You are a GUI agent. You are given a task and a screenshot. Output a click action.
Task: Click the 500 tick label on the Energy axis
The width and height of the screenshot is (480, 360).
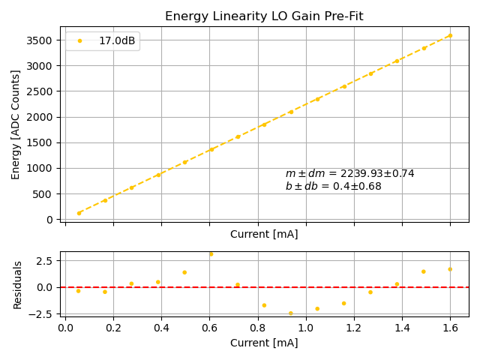point(47,193)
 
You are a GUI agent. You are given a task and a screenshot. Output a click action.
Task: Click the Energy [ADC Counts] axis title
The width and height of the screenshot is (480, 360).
point(16,124)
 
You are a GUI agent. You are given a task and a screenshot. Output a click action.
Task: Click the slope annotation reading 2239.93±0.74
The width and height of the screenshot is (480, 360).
point(349,174)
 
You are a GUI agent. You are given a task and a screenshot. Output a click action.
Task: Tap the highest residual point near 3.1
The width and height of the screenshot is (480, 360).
point(211,254)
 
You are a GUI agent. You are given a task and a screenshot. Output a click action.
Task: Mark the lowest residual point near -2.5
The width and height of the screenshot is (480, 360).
point(291,313)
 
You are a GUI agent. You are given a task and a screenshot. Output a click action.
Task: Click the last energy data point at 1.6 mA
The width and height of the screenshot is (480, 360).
point(450,35)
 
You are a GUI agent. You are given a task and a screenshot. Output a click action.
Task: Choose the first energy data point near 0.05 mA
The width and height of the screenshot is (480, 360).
point(79,213)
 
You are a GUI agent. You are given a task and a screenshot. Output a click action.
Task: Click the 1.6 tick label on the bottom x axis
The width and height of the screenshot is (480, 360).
point(450,328)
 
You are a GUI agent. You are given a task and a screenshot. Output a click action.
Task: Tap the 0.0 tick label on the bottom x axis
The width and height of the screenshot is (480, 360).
point(65,328)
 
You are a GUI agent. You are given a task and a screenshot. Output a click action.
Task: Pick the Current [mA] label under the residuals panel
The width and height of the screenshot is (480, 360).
point(264,343)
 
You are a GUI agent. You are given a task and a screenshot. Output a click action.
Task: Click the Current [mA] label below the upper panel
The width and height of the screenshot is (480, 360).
point(264,234)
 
